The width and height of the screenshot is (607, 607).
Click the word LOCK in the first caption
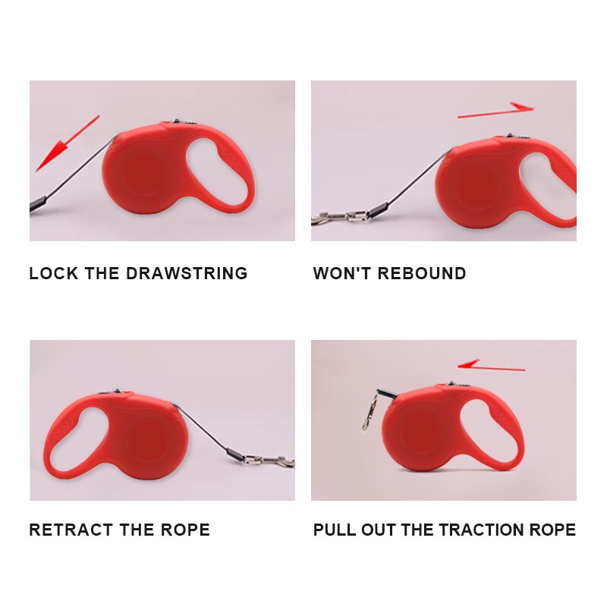point(53,273)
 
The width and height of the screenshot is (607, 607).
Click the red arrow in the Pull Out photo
point(490,366)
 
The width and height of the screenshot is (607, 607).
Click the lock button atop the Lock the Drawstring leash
point(176,121)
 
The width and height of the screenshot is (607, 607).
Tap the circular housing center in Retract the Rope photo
point(147,439)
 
